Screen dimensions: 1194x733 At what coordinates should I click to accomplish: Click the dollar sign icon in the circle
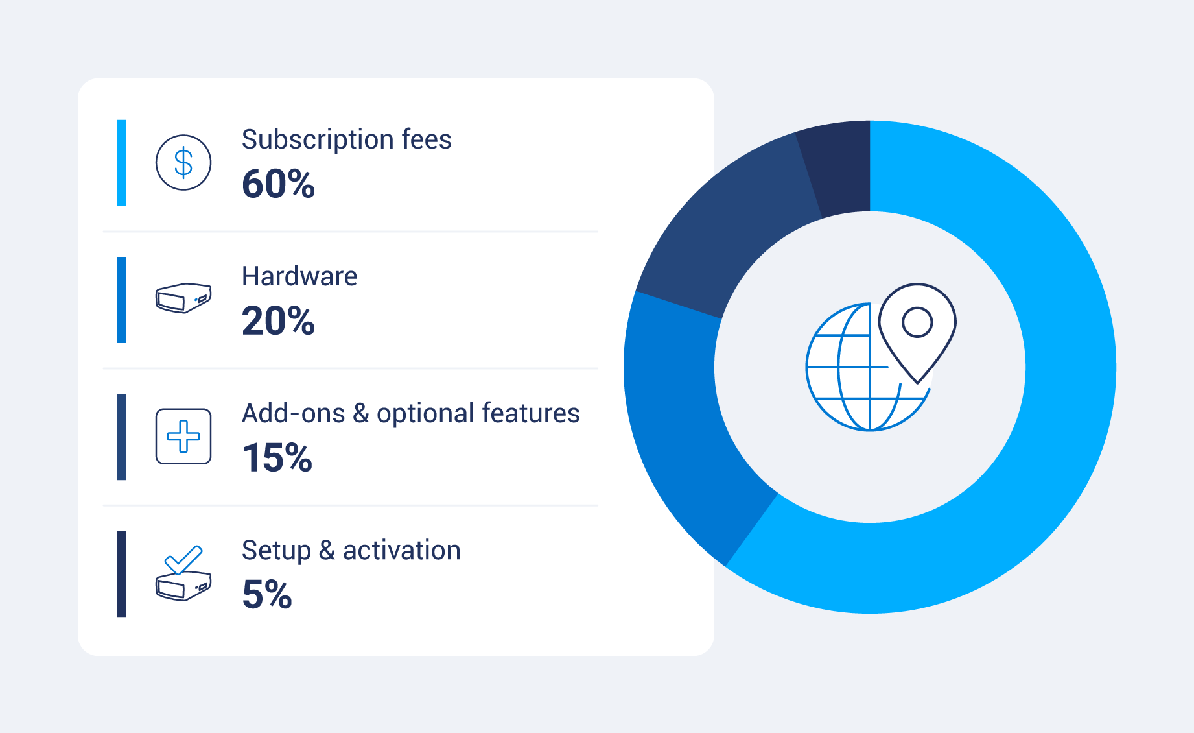[x=183, y=162]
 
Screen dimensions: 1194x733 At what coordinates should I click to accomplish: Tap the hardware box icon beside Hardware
[x=183, y=298]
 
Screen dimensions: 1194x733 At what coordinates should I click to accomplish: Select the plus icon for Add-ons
[x=183, y=437]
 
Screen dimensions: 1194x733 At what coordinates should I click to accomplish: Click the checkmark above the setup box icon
[x=183, y=559]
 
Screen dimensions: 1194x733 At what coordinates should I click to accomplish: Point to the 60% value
[x=278, y=184]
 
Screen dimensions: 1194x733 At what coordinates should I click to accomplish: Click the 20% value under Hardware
[x=278, y=320]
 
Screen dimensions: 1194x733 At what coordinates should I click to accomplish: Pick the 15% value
[x=277, y=457]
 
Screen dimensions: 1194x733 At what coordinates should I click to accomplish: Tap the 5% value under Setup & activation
[x=266, y=594]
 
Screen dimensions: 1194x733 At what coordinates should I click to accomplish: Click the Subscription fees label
[x=346, y=139]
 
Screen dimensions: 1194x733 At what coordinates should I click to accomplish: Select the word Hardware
[x=299, y=276]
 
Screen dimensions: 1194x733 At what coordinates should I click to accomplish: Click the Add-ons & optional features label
[x=410, y=413]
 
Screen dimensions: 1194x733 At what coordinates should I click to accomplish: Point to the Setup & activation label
[x=351, y=551]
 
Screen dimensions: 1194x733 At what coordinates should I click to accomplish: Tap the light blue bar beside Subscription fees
[x=121, y=163]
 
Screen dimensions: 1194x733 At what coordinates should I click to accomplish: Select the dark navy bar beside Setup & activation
[x=121, y=573]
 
